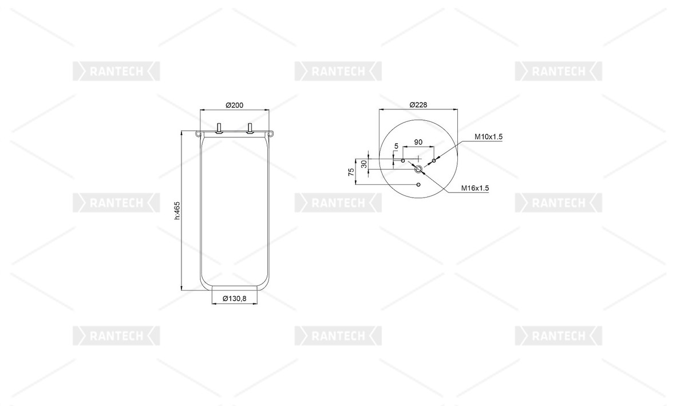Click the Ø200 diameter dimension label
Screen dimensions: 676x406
click(235, 105)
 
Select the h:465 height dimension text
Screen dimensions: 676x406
click(176, 210)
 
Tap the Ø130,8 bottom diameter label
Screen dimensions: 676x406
click(234, 298)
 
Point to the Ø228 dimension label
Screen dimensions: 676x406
click(418, 104)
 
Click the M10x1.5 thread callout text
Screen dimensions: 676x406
click(488, 137)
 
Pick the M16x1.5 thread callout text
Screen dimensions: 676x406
click(475, 188)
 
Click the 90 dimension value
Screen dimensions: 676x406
click(418, 142)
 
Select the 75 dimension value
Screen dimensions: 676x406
click(351, 171)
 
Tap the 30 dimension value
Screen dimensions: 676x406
click(364, 164)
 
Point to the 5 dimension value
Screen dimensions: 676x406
click(396, 146)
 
